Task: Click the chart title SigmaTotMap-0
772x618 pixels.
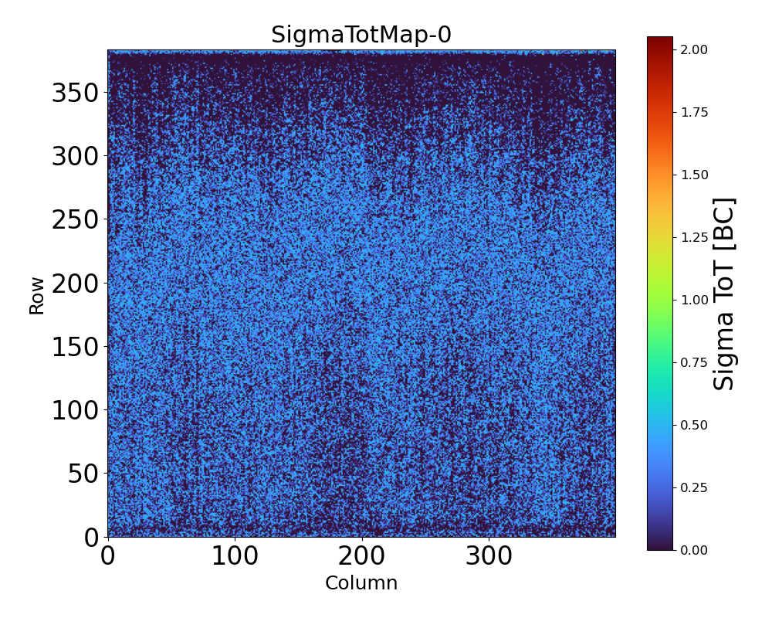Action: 361,35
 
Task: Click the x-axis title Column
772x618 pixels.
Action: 361,583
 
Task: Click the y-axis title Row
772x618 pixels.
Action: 37,297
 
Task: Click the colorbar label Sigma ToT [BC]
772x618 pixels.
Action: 723,294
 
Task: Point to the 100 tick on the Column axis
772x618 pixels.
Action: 235,556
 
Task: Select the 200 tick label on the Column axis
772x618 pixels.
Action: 361,556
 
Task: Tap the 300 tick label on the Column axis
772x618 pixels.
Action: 489,556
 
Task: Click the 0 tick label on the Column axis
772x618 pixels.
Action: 108,556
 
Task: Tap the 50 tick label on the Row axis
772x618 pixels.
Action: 83,474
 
